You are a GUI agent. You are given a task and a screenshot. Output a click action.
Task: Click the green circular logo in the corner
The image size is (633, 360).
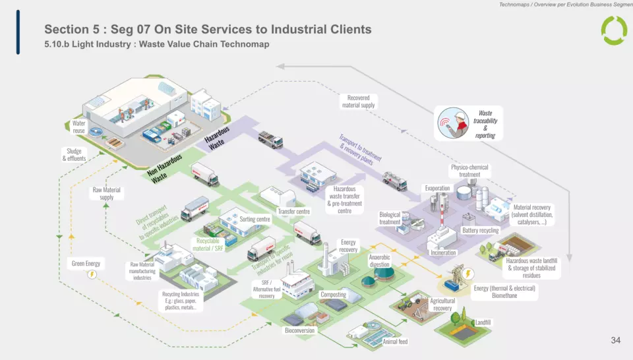click(x=614, y=30)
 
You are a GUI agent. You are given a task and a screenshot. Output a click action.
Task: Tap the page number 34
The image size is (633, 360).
click(x=615, y=340)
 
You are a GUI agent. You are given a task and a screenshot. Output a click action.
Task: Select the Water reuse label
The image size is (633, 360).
click(x=79, y=127)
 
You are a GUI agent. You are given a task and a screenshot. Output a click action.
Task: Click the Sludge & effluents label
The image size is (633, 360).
click(x=76, y=155)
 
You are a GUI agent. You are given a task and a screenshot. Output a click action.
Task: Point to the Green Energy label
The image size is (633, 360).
click(x=86, y=264)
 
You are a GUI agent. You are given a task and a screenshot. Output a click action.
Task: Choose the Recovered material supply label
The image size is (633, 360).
click(x=359, y=101)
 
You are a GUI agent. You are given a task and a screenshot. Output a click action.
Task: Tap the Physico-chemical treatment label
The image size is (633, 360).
click(x=469, y=171)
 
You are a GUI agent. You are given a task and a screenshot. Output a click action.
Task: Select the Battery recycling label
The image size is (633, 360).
click(x=480, y=231)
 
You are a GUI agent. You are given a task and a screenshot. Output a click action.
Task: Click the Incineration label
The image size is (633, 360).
click(x=443, y=253)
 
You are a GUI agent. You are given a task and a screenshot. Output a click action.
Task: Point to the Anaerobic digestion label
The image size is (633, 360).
click(x=380, y=260)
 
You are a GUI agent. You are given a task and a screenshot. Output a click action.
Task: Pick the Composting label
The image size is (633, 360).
click(x=333, y=295)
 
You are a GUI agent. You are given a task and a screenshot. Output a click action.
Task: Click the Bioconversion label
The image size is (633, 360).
click(x=299, y=330)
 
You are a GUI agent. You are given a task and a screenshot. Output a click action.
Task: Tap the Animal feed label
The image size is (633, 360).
click(x=395, y=342)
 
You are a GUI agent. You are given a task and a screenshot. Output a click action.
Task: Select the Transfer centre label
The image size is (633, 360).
click(x=293, y=212)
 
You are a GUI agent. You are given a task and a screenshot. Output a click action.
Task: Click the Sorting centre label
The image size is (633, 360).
click(x=254, y=219)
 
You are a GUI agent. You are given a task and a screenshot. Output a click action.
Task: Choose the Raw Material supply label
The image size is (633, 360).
click(x=106, y=193)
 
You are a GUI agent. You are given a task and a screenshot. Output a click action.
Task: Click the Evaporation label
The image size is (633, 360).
click(x=437, y=189)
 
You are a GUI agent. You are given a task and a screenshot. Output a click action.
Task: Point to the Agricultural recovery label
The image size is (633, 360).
click(x=442, y=304)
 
